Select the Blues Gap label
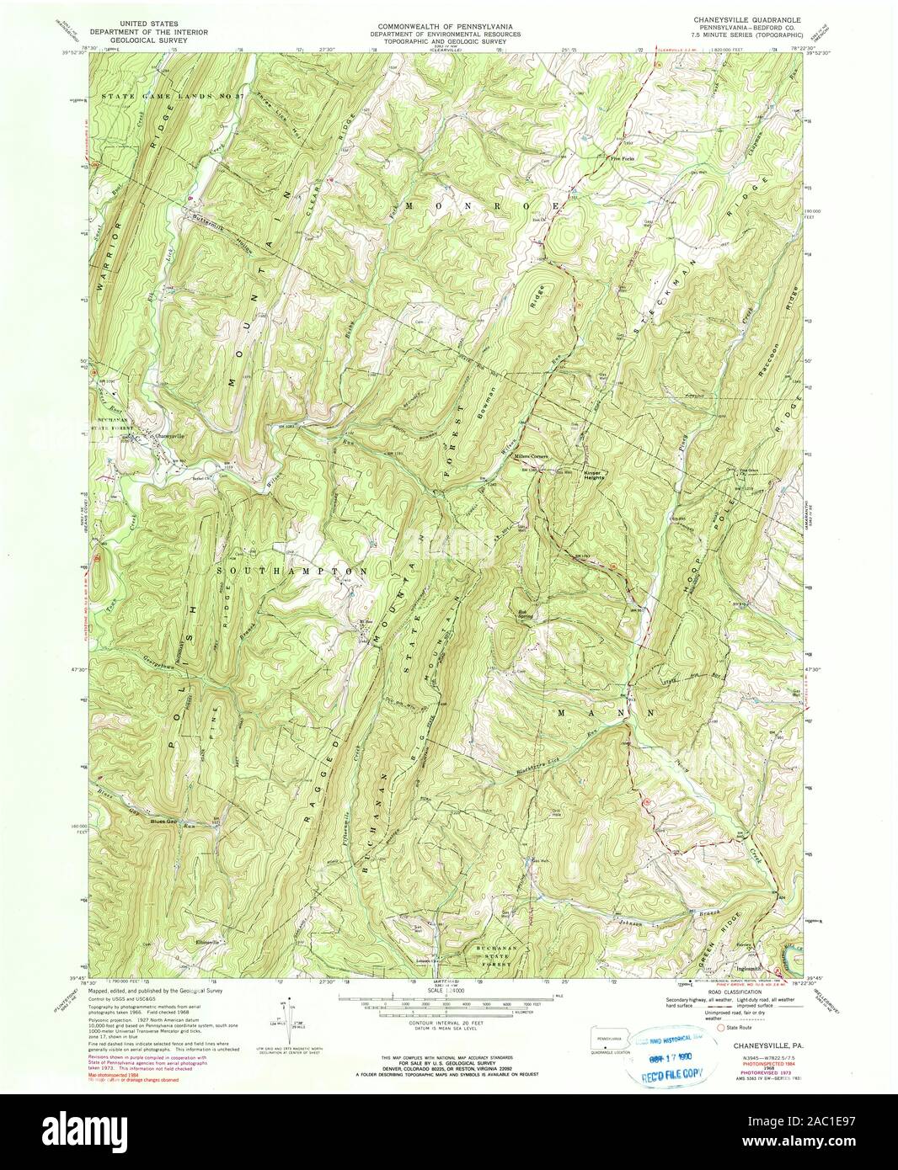tap(166, 820)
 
